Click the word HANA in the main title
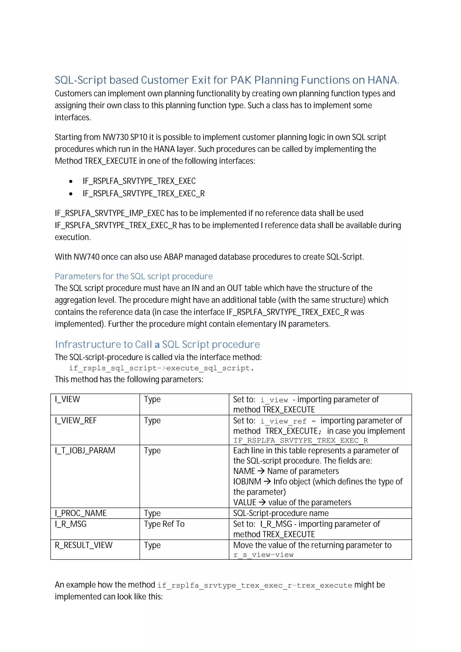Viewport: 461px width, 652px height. click(x=382, y=80)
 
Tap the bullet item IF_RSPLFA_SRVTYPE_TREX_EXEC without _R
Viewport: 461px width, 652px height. click(x=139, y=181)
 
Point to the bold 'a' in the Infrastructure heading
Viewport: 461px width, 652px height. click(x=157, y=345)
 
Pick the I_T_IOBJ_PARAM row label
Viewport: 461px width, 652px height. click(x=85, y=450)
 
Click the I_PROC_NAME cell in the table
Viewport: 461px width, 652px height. click(x=81, y=513)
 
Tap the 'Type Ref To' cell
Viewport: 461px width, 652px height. click(x=164, y=524)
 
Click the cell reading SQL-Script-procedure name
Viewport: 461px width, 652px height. click(x=281, y=513)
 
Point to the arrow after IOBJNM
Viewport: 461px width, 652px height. click(x=267, y=481)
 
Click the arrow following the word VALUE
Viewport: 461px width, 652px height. click(x=262, y=502)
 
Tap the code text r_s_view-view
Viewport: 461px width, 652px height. click(x=263, y=555)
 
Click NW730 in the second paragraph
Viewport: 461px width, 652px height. click(x=115, y=137)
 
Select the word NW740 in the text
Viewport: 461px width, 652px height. click(x=86, y=257)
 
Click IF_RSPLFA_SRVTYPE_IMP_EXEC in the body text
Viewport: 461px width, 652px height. click(x=110, y=213)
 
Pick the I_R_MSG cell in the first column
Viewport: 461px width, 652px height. click(x=71, y=524)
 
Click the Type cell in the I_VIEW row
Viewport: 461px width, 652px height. click(x=152, y=399)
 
